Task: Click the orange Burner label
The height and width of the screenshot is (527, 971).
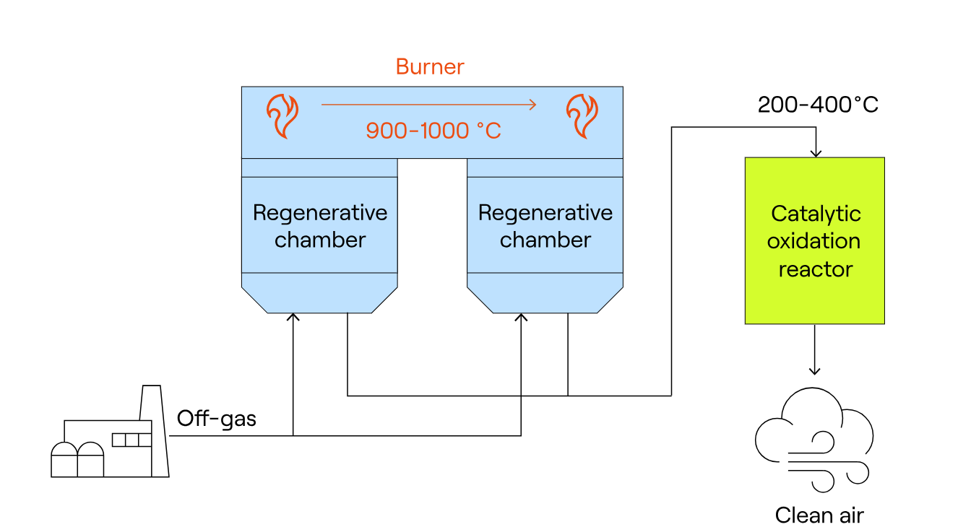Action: tap(430, 67)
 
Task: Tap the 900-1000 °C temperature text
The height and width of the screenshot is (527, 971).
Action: tap(433, 130)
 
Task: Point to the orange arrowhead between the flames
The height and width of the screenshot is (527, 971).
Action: tap(533, 105)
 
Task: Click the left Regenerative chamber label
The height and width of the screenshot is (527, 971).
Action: tap(320, 226)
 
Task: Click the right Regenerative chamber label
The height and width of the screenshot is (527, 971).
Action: tap(545, 226)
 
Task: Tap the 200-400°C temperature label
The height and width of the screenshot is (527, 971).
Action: tap(818, 105)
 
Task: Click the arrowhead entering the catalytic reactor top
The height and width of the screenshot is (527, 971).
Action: tap(815, 152)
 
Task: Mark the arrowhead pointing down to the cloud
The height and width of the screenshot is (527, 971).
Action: tap(815, 370)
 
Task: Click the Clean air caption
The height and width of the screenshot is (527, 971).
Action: tap(819, 515)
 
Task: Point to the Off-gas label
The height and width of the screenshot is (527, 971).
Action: tap(217, 419)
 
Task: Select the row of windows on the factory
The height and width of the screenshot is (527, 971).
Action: tap(131, 440)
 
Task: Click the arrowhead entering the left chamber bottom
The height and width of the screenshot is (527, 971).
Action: tap(293, 317)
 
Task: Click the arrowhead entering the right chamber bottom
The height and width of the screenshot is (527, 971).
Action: tap(521, 317)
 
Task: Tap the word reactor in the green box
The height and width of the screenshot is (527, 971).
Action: tap(815, 269)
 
